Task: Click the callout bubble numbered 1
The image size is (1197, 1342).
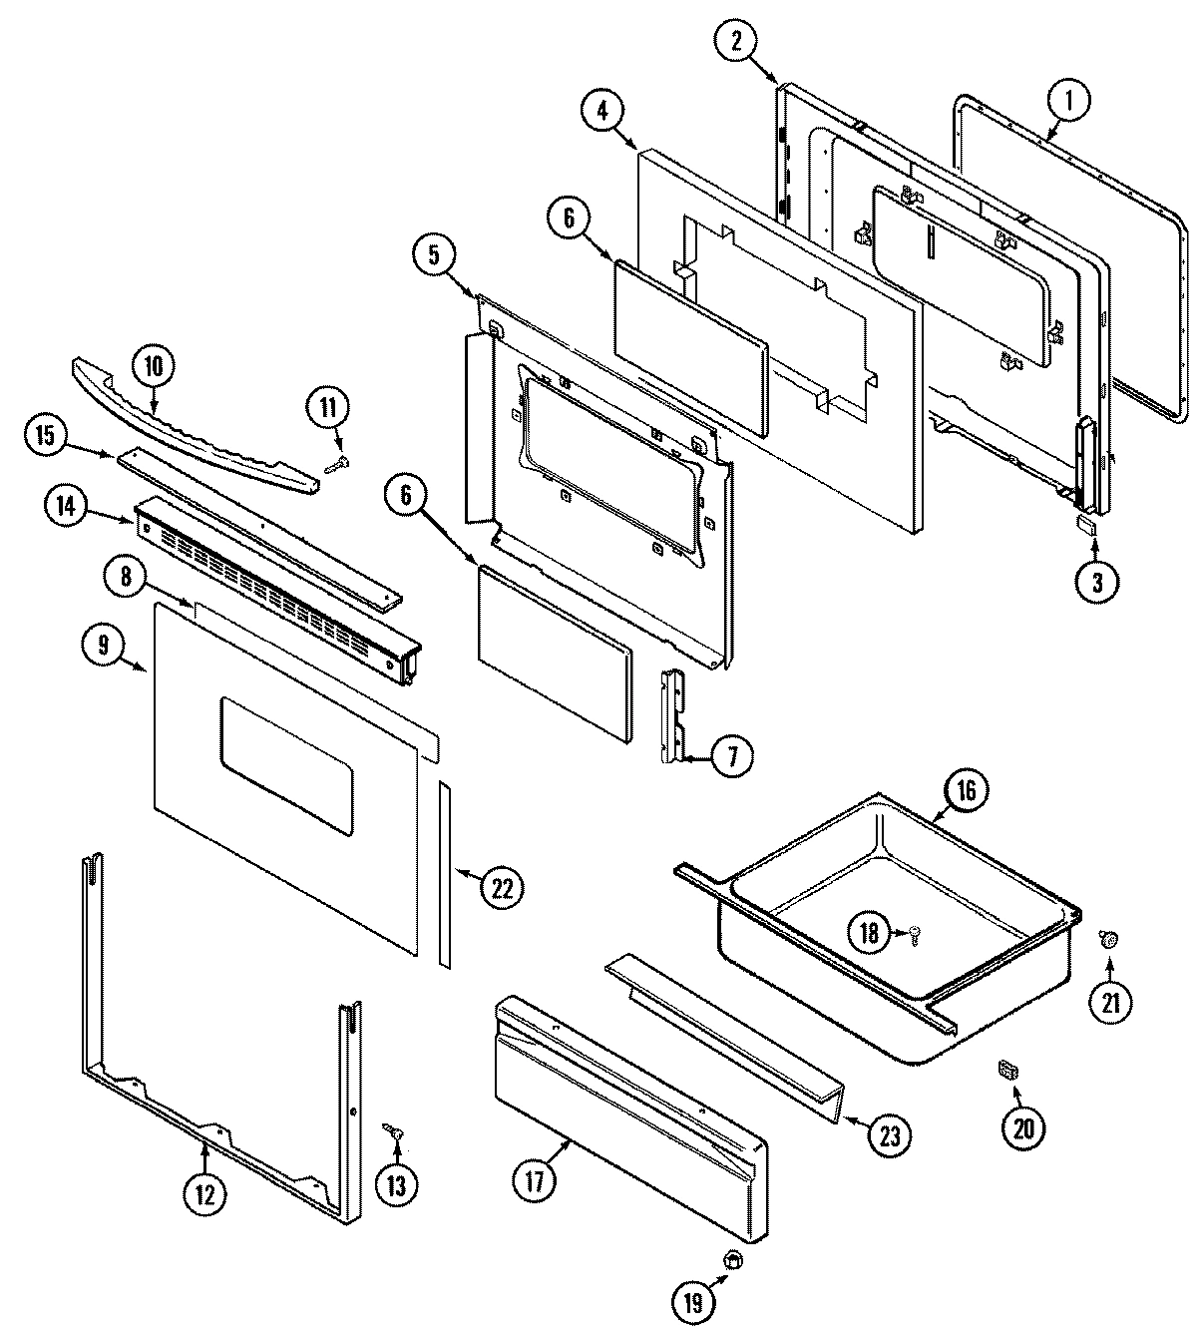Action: [x=1068, y=100]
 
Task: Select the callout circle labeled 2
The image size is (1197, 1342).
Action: [x=736, y=41]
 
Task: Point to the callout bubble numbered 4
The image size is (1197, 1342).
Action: [x=603, y=111]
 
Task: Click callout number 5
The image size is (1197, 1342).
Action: [x=434, y=254]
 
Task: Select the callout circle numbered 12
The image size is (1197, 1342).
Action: [x=204, y=1194]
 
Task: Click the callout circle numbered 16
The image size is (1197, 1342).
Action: [x=967, y=790]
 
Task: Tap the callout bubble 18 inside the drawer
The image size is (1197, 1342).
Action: [x=869, y=932]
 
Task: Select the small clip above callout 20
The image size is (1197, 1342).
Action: [x=1007, y=1070]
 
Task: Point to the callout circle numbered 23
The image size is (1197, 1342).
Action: [x=889, y=1134]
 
